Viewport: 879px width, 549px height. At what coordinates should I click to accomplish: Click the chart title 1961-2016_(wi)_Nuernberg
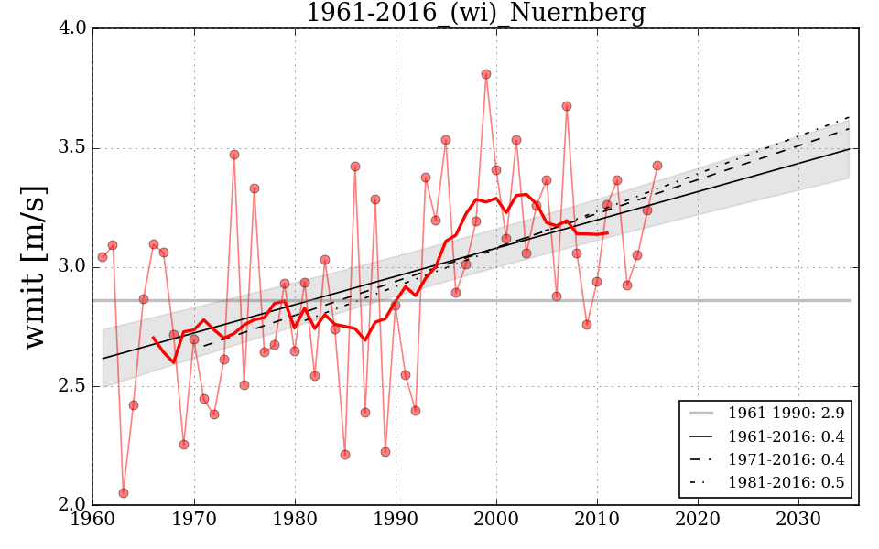[x=475, y=14]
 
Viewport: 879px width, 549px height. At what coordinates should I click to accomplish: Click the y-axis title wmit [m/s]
[x=34, y=266]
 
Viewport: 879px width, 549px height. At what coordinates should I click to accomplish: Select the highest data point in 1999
[x=486, y=74]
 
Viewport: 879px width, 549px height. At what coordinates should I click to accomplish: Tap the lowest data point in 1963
[x=124, y=493]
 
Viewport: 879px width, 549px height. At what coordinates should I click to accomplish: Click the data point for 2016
[x=657, y=166]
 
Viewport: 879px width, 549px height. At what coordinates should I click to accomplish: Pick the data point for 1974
[x=234, y=155]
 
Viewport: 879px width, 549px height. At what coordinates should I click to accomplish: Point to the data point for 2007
[x=567, y=106]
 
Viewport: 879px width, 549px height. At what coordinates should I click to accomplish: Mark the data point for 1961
[x=103, y=257]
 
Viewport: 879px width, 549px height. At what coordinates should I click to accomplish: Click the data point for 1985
[x=345, y=455]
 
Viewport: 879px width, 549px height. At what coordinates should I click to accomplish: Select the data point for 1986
[x=355, y=167]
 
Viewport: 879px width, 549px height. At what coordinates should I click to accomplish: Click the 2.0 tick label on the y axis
[x=76, y=505]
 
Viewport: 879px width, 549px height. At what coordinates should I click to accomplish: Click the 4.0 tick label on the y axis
[x=76, y=28]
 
